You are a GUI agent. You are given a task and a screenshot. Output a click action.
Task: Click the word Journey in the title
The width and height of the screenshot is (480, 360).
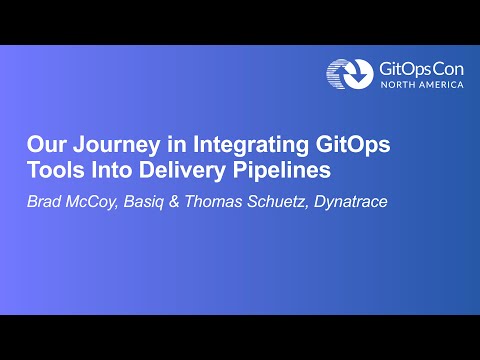pos(109,144)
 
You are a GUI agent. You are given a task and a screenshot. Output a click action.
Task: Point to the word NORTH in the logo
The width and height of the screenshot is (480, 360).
pos(397,85)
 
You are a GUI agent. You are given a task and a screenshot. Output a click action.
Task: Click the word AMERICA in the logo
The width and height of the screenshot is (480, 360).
pos(441,85)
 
